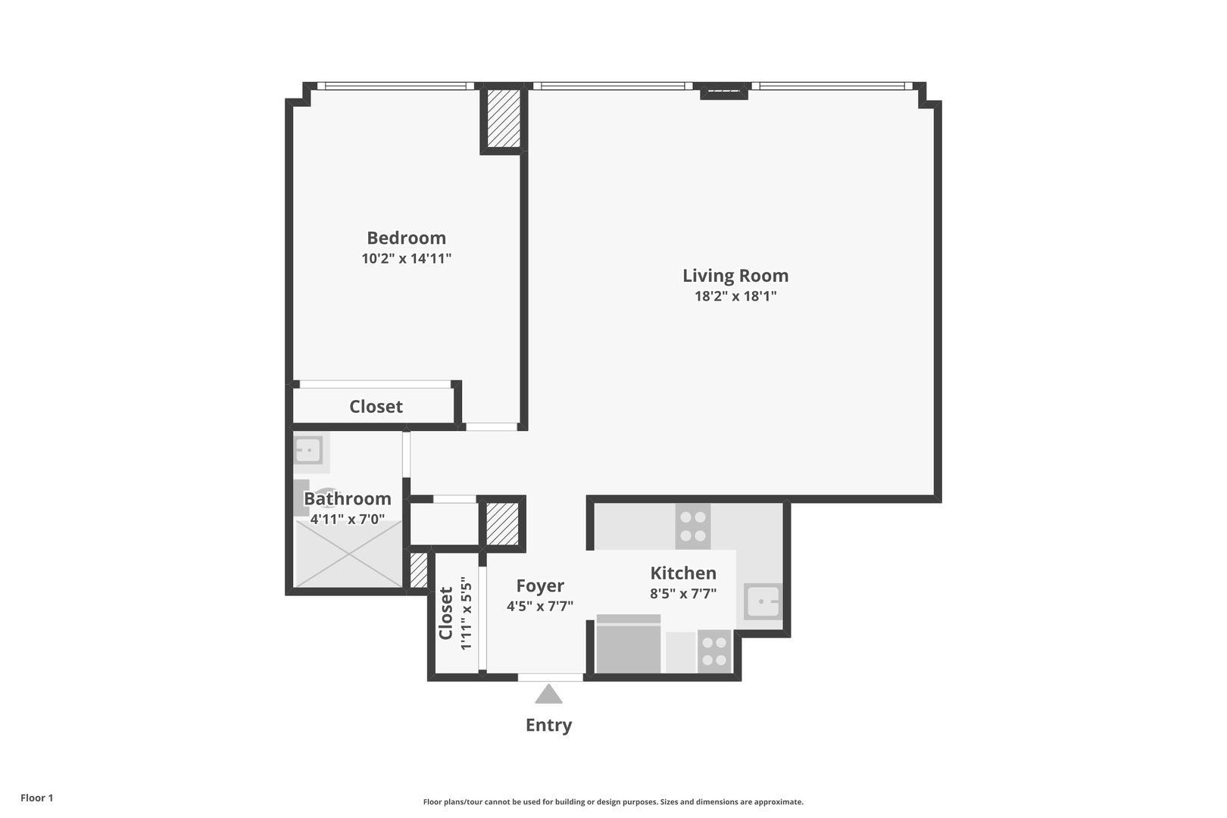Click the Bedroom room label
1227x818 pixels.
point(407,238)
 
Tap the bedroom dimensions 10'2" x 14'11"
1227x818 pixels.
point(407,258)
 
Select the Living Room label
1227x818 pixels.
point(735,276)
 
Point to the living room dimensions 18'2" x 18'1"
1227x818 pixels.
point(735,296)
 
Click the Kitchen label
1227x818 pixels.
point(683,573)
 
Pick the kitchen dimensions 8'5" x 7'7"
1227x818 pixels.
point(683,593)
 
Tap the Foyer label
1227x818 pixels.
point(540,585)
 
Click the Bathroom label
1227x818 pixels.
point(348,498)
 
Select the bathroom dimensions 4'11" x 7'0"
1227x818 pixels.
point(348,519)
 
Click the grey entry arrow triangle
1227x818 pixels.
point(549,695)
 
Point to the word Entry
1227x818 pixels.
point(549,725)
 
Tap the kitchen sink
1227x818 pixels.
point(763,601)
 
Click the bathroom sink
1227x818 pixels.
point(308,451)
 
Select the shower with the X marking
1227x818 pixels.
point(349,554)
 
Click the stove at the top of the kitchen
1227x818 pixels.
point(693,526)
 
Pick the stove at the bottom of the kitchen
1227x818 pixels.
point(714,651)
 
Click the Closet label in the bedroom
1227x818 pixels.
point(376,407)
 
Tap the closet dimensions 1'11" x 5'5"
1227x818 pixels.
point(466,613)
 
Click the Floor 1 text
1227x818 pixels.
point(36,798)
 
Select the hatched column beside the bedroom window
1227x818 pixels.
point(504,118)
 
